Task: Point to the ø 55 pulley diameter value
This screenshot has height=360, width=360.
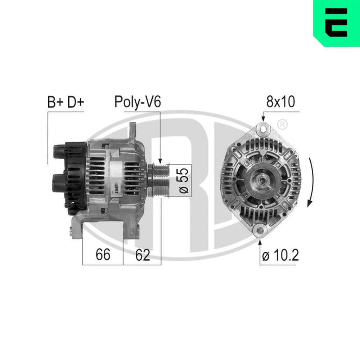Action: tap(184, 180)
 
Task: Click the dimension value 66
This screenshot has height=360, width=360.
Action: tap(103, 255)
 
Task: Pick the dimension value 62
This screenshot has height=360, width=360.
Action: tap(142, 255)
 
